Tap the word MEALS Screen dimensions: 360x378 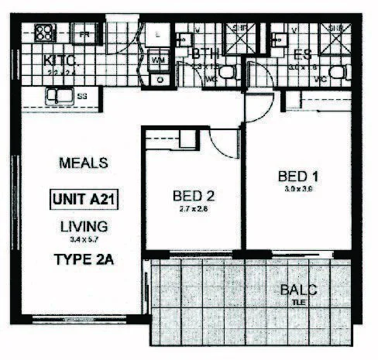82,164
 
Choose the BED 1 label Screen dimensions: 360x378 298,177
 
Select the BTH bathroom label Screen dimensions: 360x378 205,55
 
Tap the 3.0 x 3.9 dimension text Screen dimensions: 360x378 298,189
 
